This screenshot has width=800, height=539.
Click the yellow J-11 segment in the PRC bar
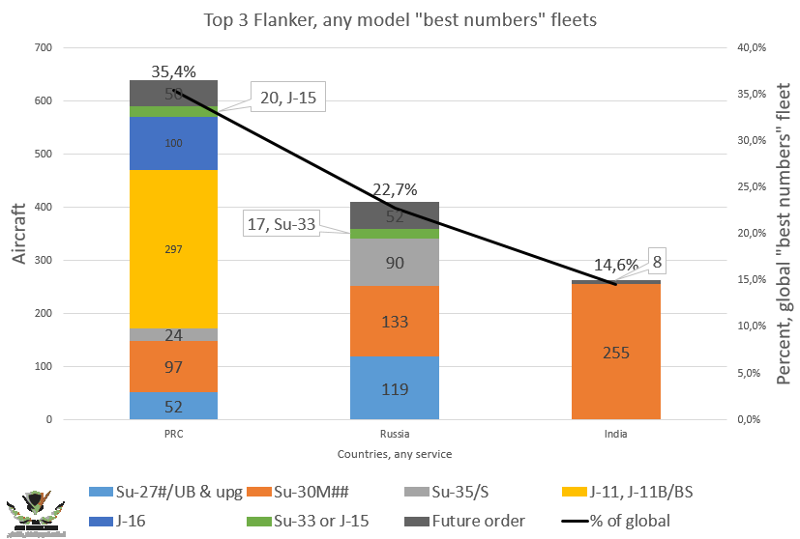[174, 249]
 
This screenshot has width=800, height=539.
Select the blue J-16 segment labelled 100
[174, 143]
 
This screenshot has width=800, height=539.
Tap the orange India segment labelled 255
[617, 353]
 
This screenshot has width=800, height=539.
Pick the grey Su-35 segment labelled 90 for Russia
[396, 263]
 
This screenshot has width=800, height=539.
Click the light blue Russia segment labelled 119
[396, 389]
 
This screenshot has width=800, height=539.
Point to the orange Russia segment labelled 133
[396, 322]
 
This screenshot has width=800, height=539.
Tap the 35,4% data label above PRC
[174, 71]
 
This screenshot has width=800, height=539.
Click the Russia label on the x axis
[396, 434]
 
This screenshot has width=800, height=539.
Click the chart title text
[399, 18]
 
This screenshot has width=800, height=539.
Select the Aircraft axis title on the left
[20, 233]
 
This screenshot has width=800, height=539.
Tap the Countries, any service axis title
[395, 453]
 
